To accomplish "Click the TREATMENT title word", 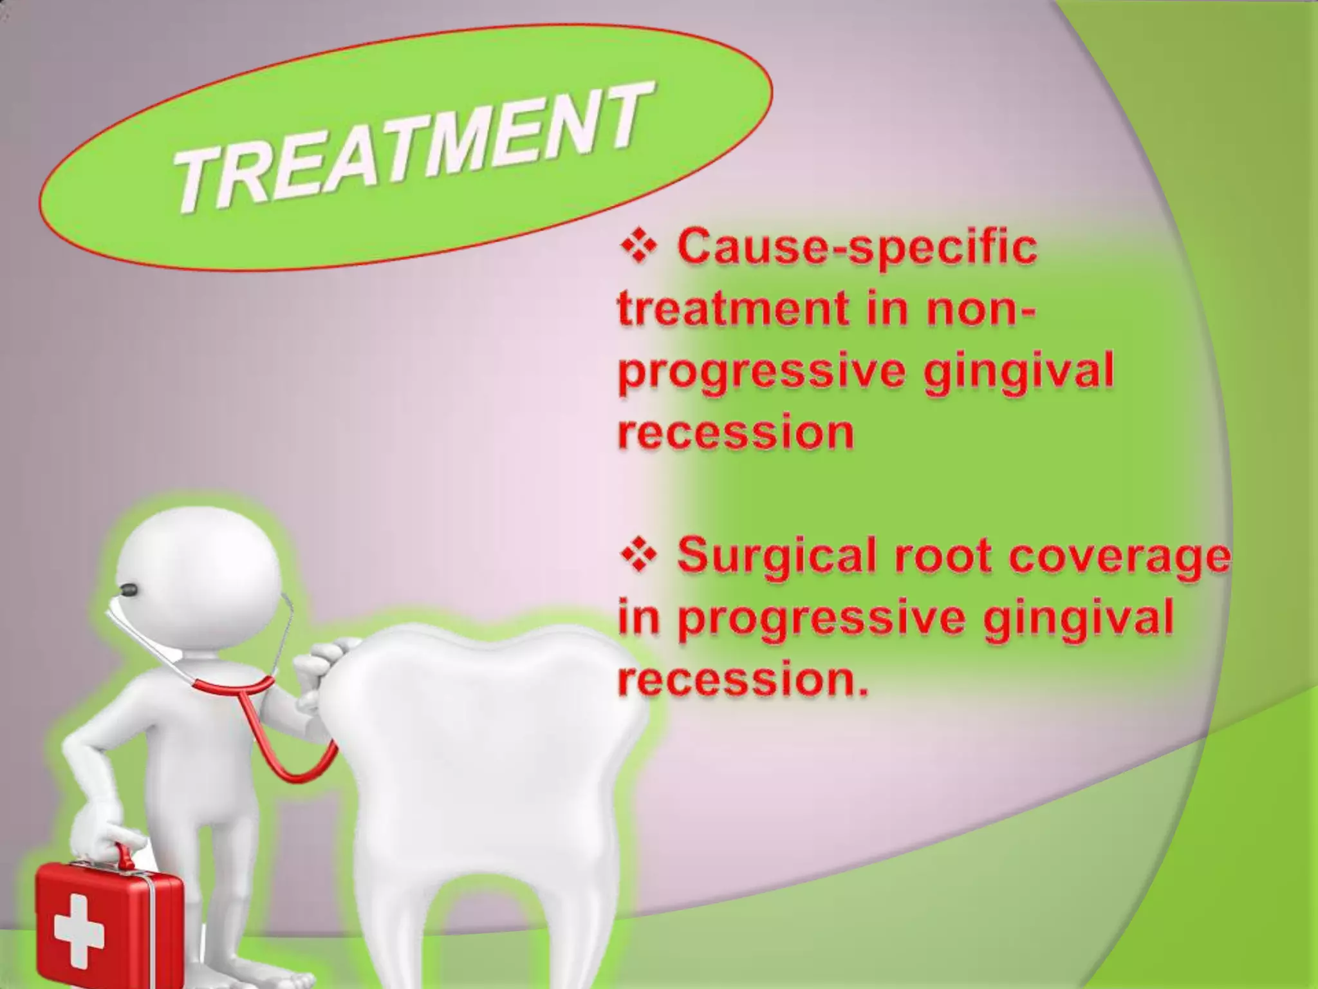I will [409, 151].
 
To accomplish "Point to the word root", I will [931, 555].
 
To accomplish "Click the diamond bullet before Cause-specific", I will [638, 248].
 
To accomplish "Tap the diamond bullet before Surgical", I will [638, 556].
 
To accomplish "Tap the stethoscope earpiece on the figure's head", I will [129, 589].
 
